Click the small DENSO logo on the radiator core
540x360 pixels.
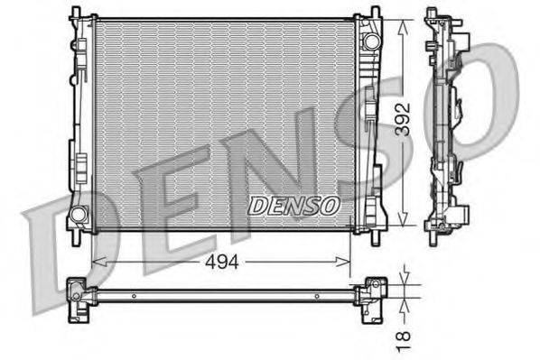[x=293, y=206]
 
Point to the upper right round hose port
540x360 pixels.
[x=369, y=42]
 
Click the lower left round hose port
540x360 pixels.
[x=79, y=215]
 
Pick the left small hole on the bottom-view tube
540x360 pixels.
[x=133, y=296]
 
